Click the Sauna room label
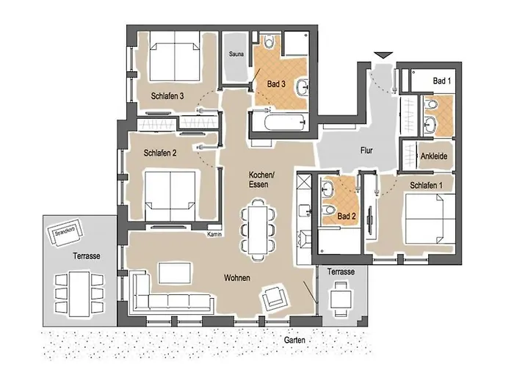click(x=236, y=54)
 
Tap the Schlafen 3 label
click(x=167, y=96)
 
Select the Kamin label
click(x=214, y=234)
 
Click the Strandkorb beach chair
click(x=65, y=232)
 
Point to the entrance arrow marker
click(x=383, y=55)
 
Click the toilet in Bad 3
click(x=269, y=41)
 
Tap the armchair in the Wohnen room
click(x=275, y=297)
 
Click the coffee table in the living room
click(x=175, y=273)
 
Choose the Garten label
click(x=294, y=340)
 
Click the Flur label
click(x=366, y=150)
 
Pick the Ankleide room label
click(x=434, y=156)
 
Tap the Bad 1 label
click(x=442, y=81)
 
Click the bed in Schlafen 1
click(x=430, y=219)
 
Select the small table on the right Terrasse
click(x=341, y=299)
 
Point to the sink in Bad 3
click(x=303, y=87)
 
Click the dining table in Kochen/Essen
click(x=258, y=229)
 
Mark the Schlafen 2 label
click(x=160, y=153)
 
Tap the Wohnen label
click(x=237, y=278)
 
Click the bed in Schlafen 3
click(x=175, y=56)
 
